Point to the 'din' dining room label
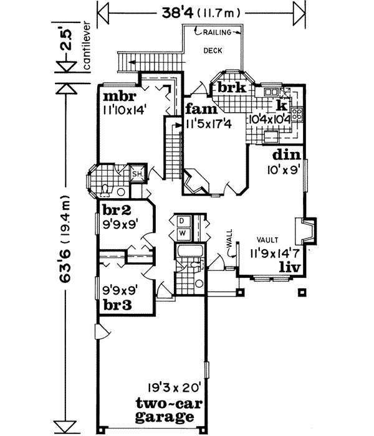click(287, 155)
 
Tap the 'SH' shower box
click(137, 173)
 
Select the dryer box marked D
click(182, 220)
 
